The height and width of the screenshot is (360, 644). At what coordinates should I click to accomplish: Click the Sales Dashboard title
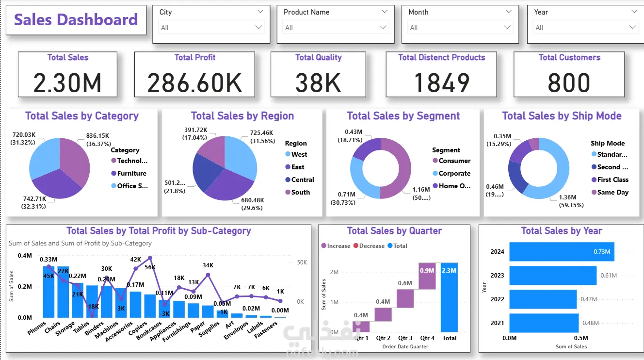point(76,20)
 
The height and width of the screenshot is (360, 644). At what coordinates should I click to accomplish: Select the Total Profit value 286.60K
point(194,82)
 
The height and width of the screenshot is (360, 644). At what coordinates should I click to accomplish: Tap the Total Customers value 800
point(569,82)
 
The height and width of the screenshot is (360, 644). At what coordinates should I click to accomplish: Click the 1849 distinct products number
point(441,82)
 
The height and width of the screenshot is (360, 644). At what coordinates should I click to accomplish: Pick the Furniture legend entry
point(131,173)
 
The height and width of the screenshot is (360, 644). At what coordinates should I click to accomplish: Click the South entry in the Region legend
point(300,192)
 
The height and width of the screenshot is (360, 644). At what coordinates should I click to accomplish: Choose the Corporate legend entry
point(454,173)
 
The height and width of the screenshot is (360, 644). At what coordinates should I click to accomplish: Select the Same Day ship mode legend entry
point(612,192)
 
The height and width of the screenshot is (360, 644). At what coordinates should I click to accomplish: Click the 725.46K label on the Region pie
point(261,132)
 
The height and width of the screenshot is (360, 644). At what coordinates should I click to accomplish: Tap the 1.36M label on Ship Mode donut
point(567,197)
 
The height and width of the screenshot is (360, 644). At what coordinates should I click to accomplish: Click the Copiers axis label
point(138,328)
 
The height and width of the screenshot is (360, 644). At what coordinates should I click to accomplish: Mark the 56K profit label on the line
point(150,267)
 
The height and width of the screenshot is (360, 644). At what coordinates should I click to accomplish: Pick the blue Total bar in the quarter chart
point(450,297)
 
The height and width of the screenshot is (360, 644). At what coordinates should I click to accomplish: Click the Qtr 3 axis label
point(405,338)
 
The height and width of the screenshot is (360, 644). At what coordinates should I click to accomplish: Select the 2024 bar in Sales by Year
point(562,252)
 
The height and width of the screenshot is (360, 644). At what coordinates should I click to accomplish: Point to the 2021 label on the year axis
point(498,323)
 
